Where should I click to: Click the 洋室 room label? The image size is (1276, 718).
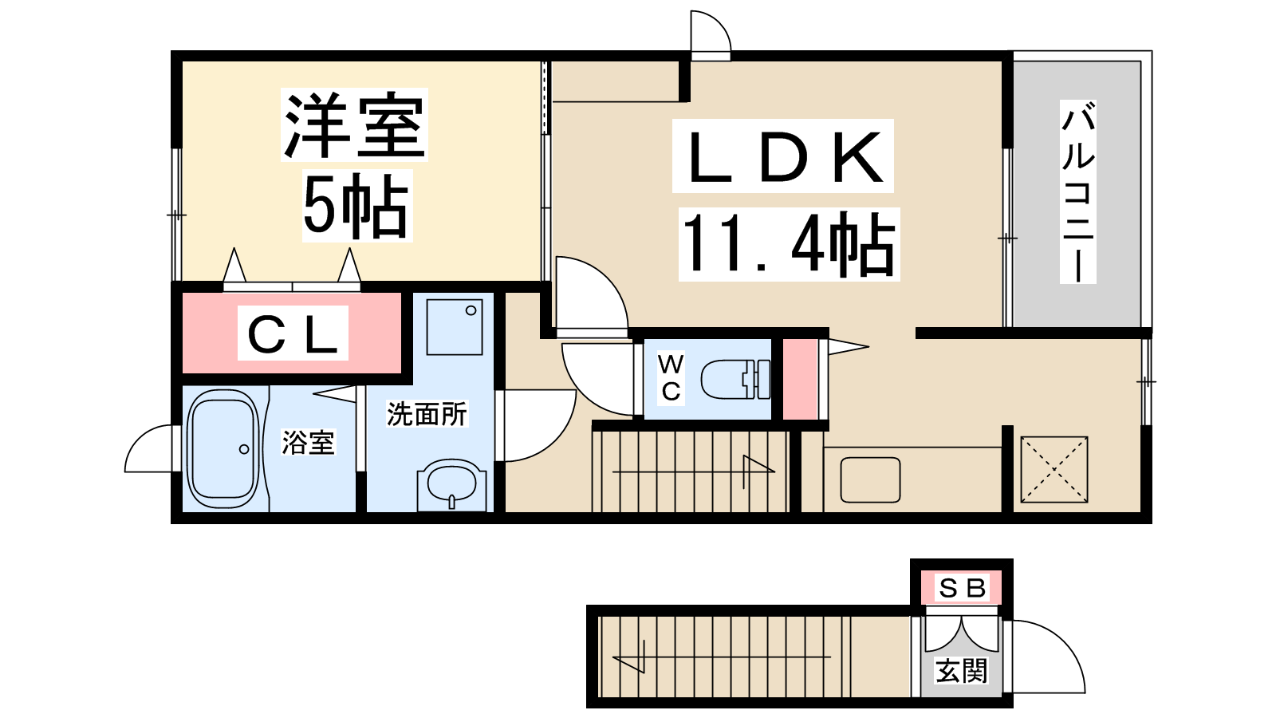point(354,124)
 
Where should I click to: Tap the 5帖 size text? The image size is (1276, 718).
point(356,207)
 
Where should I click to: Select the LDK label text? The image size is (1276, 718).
point(782,156)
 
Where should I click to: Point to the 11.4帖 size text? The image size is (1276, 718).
point(789,244)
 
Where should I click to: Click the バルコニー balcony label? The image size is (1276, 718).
point(1077,192)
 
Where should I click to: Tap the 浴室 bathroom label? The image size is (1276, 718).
point(308,443)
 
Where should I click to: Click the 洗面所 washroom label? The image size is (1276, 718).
point(427,414)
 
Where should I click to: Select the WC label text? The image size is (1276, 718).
point(671,378)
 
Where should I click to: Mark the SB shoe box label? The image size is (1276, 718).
point(962,588)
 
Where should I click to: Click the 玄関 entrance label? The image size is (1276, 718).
point(962,671)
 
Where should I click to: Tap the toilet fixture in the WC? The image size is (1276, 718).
point(735,380)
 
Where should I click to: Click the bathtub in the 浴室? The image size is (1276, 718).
point(223,449)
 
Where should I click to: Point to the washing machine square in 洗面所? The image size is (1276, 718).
point(455,328)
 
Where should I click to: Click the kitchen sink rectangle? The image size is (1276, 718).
point(870,479)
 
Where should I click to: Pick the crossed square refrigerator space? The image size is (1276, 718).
point(1054,470)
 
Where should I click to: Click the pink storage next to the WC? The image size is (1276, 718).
point(801,380)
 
